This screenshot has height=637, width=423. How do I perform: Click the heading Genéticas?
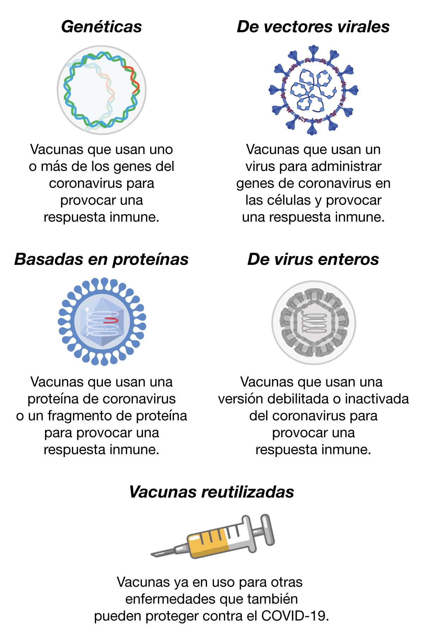102,27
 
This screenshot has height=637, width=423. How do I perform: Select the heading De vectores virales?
313,27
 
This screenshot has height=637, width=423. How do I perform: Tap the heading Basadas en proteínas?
102,260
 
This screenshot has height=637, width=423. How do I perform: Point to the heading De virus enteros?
313,259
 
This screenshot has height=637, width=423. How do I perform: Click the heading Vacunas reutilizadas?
211,492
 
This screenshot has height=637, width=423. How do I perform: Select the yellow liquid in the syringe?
208,543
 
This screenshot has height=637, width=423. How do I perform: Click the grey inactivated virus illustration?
314,322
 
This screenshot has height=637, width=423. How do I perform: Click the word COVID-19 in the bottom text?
295,616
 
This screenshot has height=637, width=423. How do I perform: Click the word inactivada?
377,399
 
